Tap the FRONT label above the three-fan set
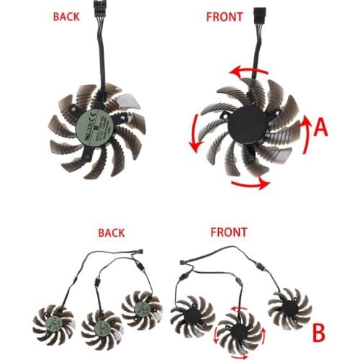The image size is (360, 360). pos(228,233)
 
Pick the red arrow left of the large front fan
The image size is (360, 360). pos(193,133)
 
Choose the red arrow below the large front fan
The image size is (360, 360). pos(249,184)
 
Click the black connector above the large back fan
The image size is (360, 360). pos(96,15)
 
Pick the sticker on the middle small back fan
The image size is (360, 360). pos(102,328)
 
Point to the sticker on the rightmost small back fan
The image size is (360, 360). pos(143,309)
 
